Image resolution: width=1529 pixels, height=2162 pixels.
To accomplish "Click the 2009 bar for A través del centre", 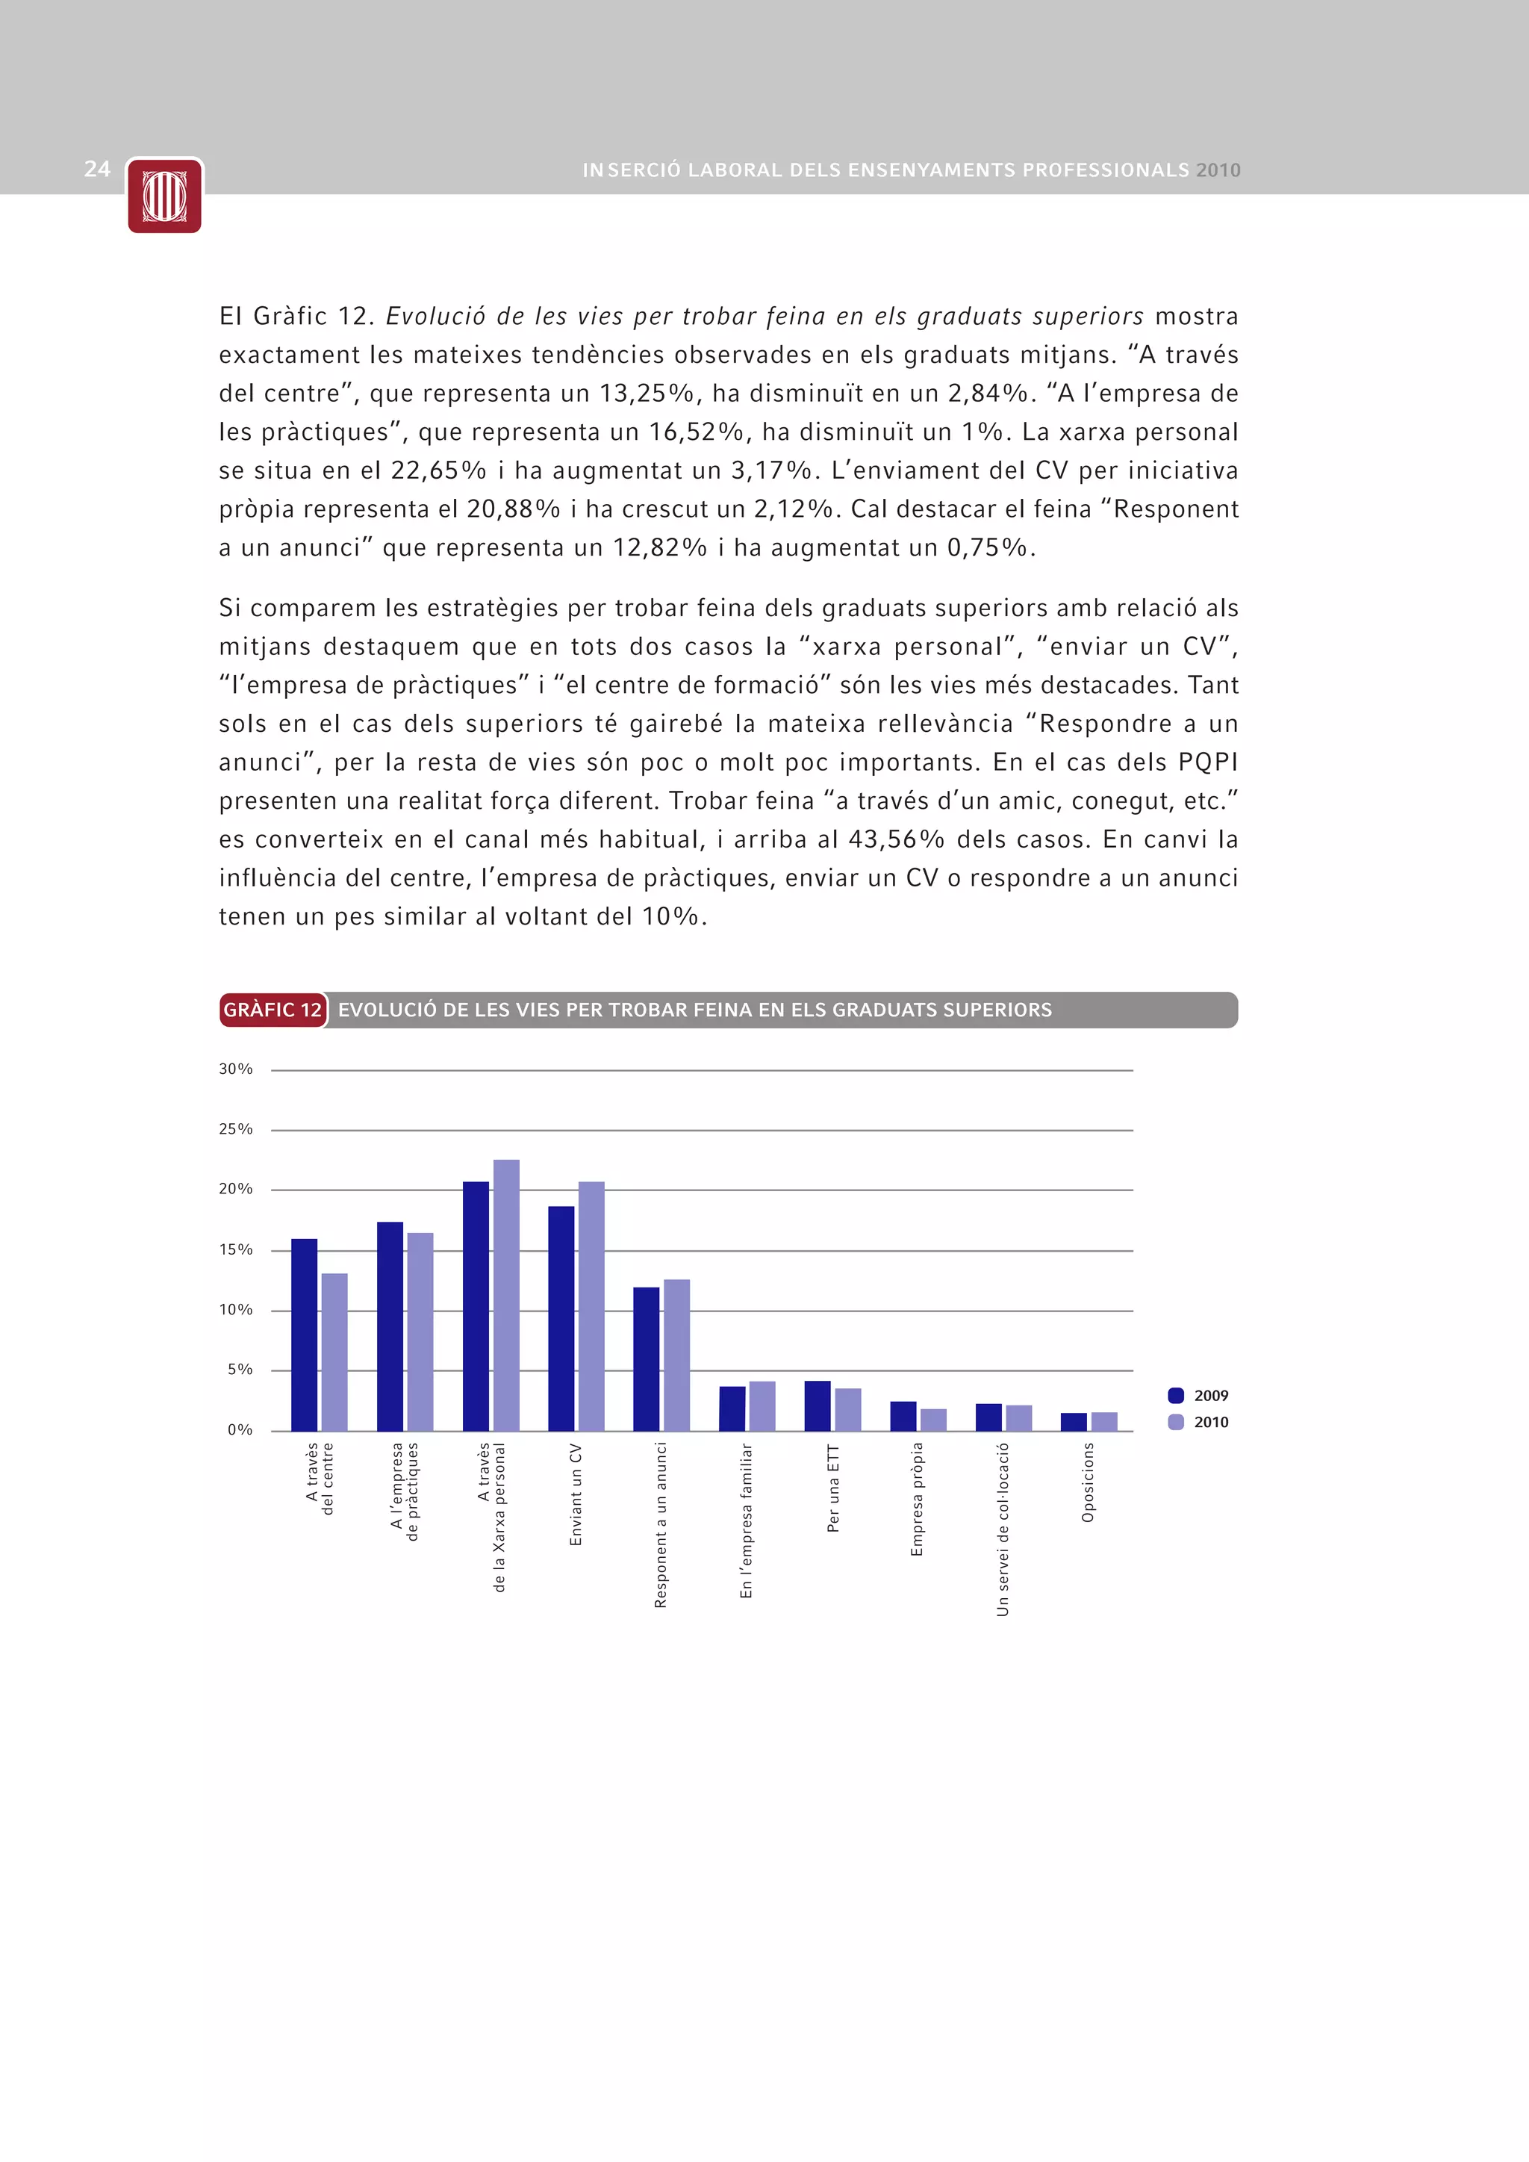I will pyautogui.click(x=304, y=1335).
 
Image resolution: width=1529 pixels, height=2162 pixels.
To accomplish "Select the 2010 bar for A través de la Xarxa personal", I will pyautogui.click(x=505, y=1295).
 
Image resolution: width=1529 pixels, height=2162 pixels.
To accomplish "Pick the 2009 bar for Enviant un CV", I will pyautogui.click(x=561, y=1318).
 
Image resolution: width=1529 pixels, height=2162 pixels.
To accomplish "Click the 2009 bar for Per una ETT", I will pyautogui.click(x=818, y=1406).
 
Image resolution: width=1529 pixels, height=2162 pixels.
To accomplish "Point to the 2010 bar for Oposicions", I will pyautogui.click(x=1103, y=1421).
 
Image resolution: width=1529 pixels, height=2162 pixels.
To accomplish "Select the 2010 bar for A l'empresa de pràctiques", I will pyautogui.click(x=420, y=1332).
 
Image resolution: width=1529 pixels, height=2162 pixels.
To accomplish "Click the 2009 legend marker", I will pyautogui.click(x=1175, y=1396).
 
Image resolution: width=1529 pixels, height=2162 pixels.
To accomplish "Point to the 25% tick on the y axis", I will pyautogui.click(x=235, y=1129).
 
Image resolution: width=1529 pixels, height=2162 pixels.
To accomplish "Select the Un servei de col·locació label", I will pyautogui.click(x=1003, y=1529).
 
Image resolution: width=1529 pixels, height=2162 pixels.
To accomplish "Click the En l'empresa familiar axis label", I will pyautogui.click(x=747, y=1520).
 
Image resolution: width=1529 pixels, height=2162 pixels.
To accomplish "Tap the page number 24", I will pyautogui.click(x=97, y=169).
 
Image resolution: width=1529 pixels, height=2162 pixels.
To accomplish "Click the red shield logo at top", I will pyautogui.click(x=165, y=196).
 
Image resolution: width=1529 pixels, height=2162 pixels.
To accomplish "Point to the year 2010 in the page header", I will pyautogui.click(x=1218, y=170).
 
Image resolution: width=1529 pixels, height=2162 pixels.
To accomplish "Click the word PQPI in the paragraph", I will pyautogui.click(x=1208, y=762).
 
